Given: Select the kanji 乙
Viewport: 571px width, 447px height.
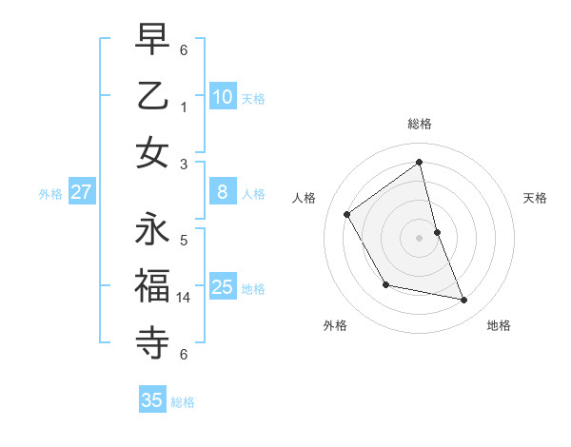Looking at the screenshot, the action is [x=152, y=95].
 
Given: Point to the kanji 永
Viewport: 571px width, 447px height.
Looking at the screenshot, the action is [x=152, y=230].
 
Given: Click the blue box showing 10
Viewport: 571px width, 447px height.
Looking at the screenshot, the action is [x=223, y=97].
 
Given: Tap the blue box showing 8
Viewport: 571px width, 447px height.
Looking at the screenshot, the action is [x=223, y=192].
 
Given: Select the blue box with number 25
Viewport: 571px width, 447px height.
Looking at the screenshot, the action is [x=223, y=287].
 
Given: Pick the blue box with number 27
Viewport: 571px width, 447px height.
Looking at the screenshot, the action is [x=82, y=192].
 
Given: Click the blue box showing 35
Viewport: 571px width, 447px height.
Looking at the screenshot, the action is [x=152, y=400].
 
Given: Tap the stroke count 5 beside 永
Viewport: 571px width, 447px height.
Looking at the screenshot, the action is [x=184, y=240].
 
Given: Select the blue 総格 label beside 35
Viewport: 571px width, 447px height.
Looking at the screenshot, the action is [x=183, y=402].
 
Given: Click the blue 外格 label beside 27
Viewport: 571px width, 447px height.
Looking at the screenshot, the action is [x=50, y=194].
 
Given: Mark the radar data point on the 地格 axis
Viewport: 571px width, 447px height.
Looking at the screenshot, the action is [x=464, y=301].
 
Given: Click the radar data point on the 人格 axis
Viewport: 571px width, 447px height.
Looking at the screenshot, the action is [x=347, y=214].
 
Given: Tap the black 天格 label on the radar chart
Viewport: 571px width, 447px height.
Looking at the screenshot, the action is [x=535, y=198].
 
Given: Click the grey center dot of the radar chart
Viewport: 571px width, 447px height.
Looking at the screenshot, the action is [x=419, y=237].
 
